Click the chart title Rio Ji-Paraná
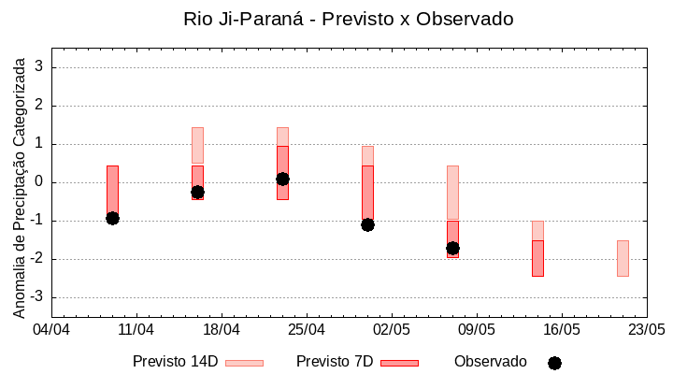pos(348,19)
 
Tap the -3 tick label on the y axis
pos(38,297)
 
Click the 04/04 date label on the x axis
pos(51,330)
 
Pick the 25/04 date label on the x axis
pos(307,330)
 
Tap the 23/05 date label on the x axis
pos(646,330)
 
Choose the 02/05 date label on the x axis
pos(392,330)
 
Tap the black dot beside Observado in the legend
pos(554,363)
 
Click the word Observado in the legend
pos(490,362)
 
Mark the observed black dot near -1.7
pos(452,248)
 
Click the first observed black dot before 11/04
pos(112,218)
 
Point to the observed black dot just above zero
pos(282,179)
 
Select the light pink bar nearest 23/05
pos(623,258)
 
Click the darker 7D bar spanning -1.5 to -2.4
pos(537,258)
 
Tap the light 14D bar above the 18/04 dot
pos(197,145)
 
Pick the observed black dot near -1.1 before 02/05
pos(367,224)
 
